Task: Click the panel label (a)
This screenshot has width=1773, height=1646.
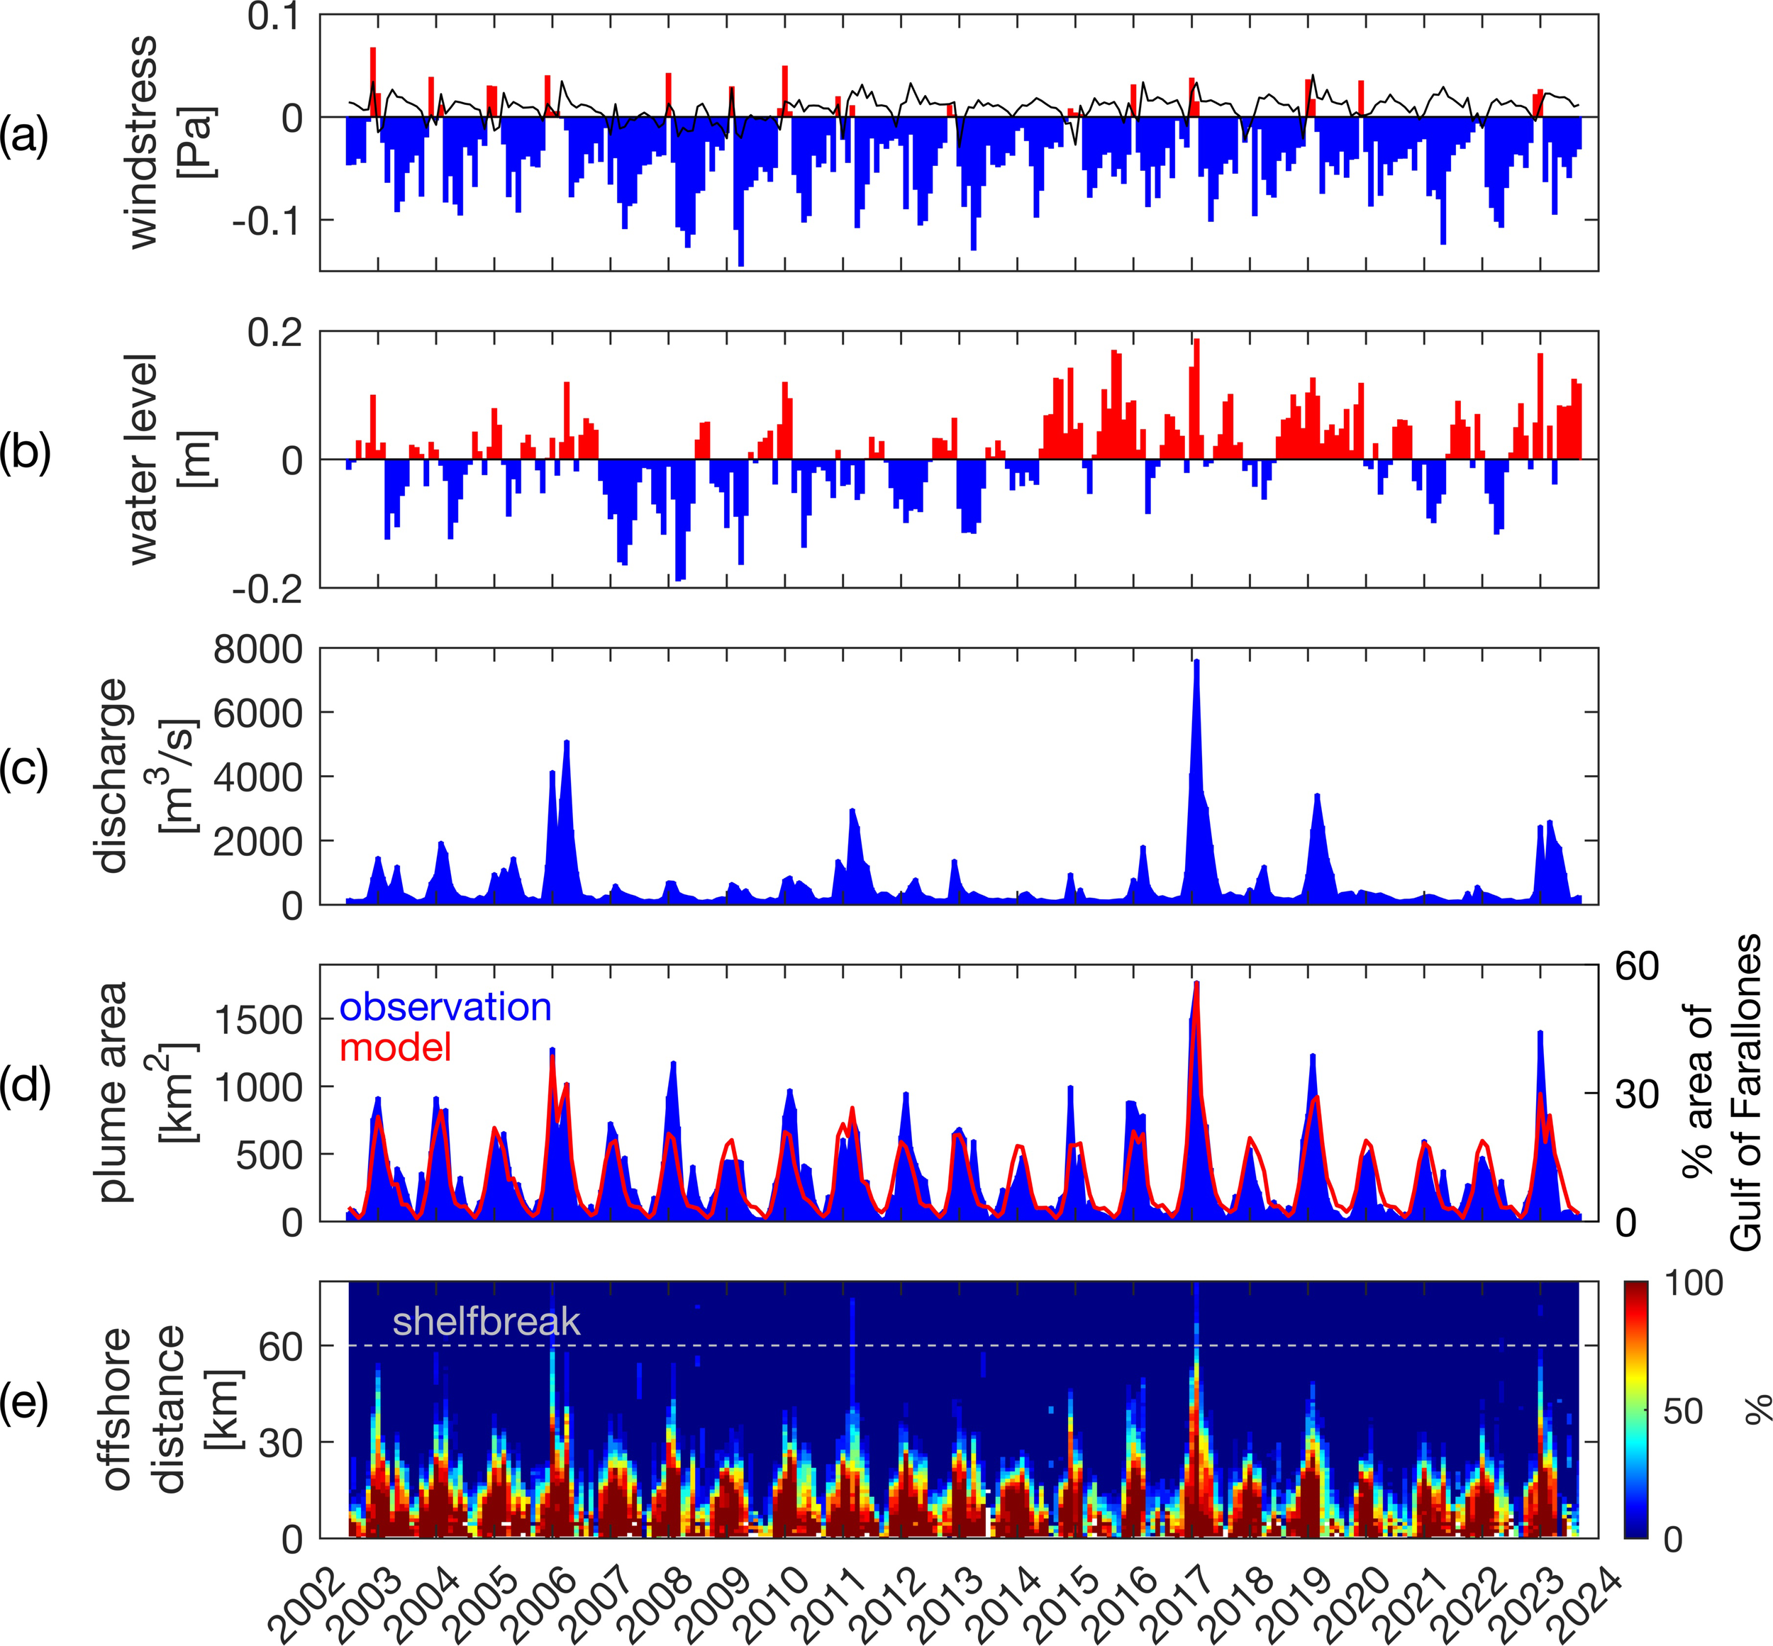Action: coord(24,138)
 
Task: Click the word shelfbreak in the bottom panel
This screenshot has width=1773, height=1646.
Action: coord(487,1321)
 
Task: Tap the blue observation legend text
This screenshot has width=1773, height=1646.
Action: coord(445,1007)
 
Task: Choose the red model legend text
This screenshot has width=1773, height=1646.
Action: coord(396,1047)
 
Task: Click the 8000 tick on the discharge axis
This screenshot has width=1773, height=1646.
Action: coord(258,650)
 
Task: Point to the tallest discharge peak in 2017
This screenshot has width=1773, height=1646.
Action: coord(1197,662)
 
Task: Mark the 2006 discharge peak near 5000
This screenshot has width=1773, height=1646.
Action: coord(567,742)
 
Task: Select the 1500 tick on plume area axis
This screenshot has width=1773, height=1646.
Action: coord(258,1019)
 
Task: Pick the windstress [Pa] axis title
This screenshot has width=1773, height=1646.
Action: coord(160,143)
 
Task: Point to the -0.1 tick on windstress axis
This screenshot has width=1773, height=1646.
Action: coord(265,220)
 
